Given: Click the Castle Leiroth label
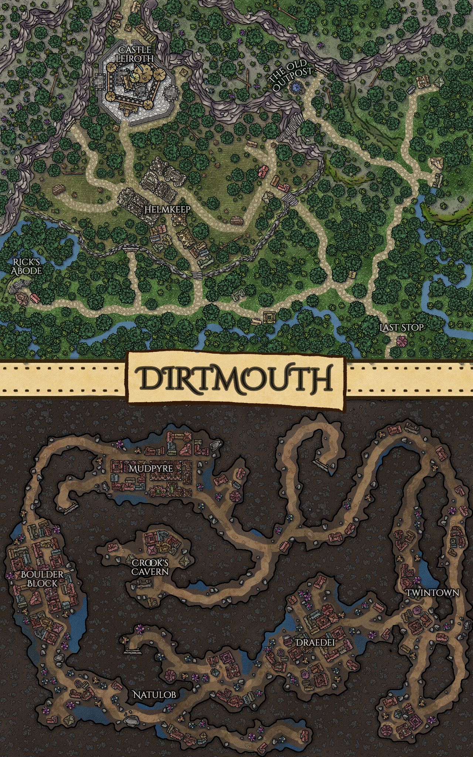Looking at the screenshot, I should coord(135,54).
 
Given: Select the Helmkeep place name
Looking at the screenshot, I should coord(167,210).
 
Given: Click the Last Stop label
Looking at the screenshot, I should coord(401,327).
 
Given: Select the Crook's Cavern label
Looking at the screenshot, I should coord(150,567).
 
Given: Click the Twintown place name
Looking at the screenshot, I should coord(432,593).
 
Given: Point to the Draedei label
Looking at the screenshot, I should coord(314,643).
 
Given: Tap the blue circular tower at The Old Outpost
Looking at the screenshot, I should coord(296,87).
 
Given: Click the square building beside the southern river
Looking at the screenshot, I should coord(269,317).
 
